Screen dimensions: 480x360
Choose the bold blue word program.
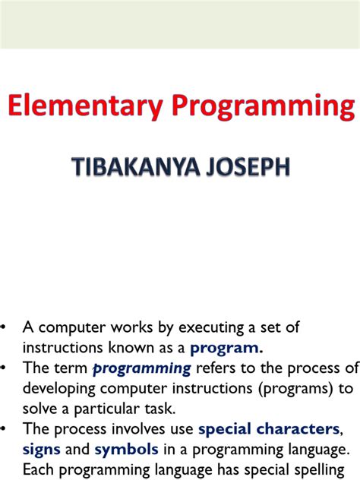point(226,348)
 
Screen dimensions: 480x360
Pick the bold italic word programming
point(142,368)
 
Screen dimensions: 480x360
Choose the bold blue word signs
point(42,449)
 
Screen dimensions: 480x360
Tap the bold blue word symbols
point(126,449)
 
